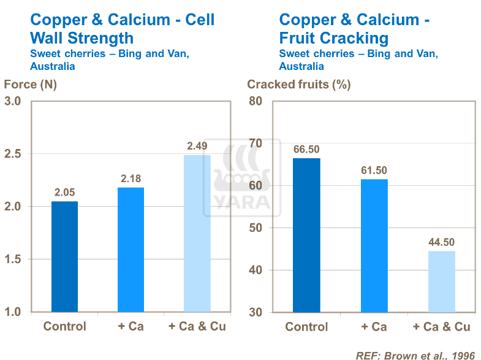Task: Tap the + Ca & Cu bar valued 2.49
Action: tap(197, 233)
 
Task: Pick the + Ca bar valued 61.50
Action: tap(374, 245)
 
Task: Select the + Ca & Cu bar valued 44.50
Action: tap(442, 281)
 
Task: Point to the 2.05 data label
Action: tap(64, 193)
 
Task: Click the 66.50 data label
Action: tap(306, 149)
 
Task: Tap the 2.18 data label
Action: tap(131, 178)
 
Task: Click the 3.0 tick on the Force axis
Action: tap(13, 101)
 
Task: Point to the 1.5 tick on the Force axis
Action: tap(13, 259)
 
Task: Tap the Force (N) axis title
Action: tap(30, 85)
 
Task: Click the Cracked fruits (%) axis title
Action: tap(298, 85)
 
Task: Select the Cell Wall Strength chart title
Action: tap(123, 29)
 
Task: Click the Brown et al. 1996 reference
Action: tap(417, 354)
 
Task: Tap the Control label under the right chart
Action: tap(306, 327)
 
